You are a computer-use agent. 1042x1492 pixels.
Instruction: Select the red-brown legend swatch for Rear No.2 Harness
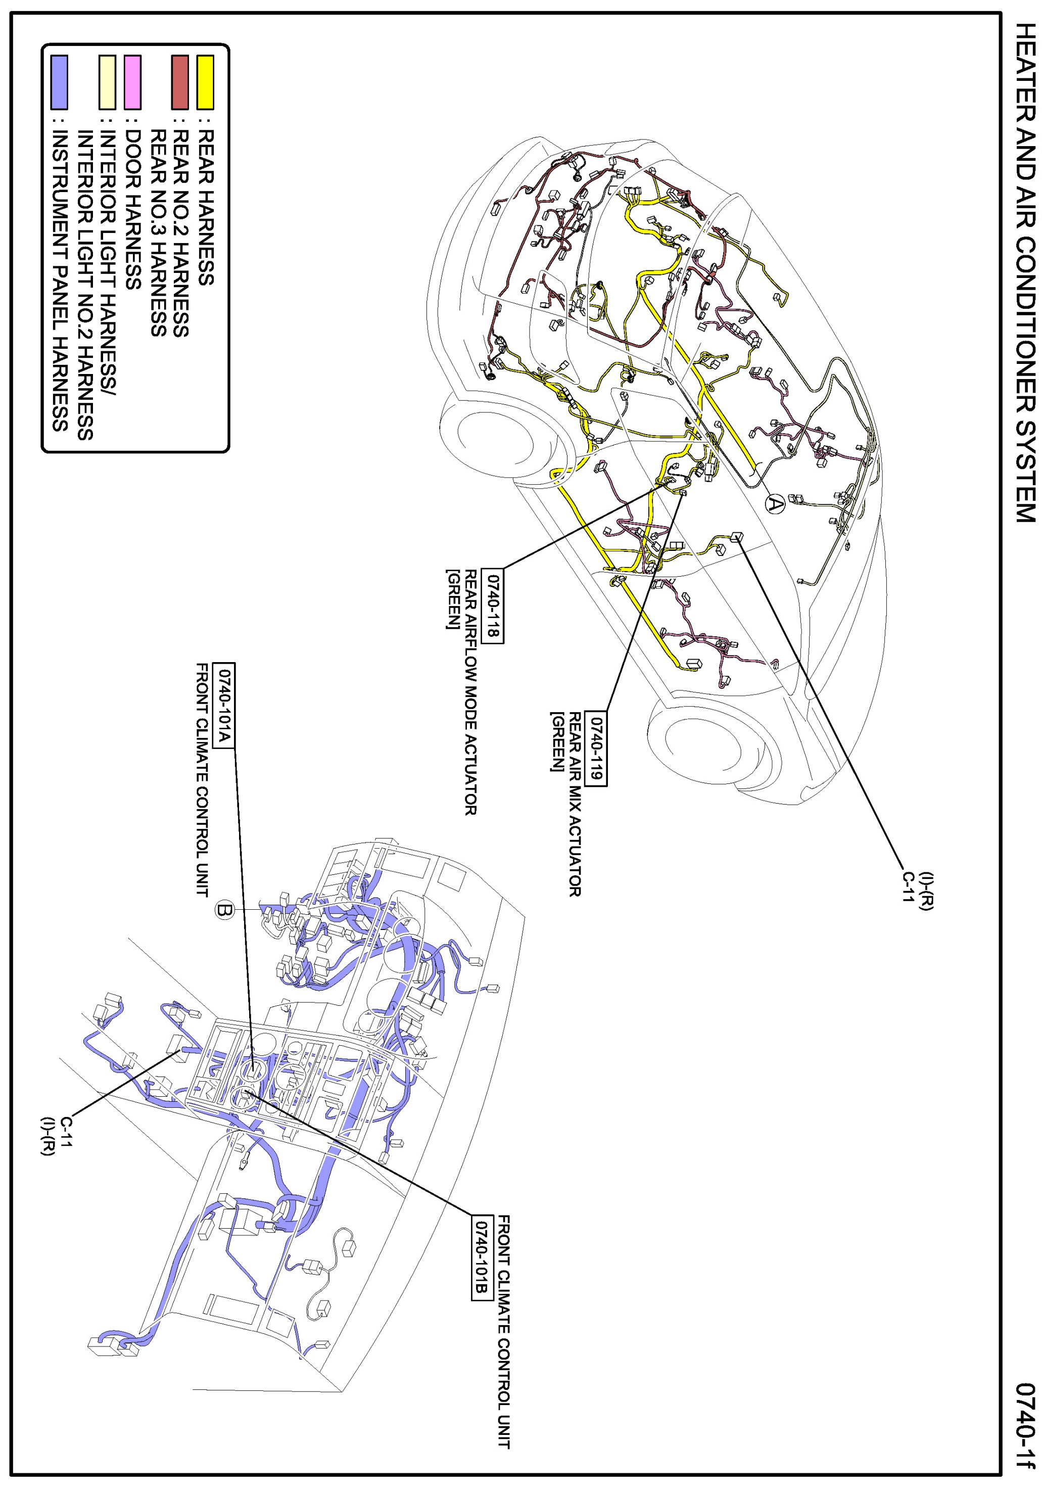click(x=180, y=82)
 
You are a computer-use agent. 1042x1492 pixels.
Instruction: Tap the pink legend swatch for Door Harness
click(x=132, y=82)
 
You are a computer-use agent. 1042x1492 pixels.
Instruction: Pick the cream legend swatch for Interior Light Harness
click(x=107, y=82)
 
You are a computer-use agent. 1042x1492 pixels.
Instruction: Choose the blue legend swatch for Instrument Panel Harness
click(x=59, y=82)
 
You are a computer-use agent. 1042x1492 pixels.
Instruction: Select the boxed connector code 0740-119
click(x=596, y=748)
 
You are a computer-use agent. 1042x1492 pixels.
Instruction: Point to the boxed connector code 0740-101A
click(x=223, y=706)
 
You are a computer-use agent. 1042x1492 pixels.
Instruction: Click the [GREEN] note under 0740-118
click(x=451, y=599)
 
